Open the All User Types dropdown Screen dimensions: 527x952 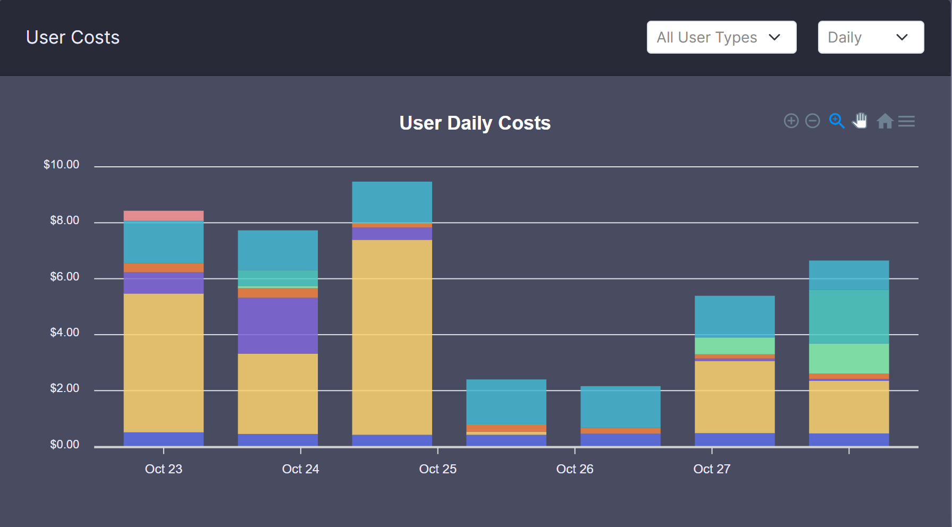[x=721, y=37]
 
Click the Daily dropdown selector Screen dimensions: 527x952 [x=870, y=37]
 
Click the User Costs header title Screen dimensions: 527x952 [x=73, y=37]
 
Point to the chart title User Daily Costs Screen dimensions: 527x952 [x=475, y=123]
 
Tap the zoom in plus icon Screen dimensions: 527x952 [x=791, y=121]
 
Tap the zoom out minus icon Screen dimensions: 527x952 [x=812, y=121]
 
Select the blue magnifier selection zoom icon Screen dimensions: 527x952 [x=837, y=121]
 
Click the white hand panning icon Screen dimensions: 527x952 [x=860, y=121]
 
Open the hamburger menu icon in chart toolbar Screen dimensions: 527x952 [x=906, y=121]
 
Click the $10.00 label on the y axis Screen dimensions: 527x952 [x=61, y=165]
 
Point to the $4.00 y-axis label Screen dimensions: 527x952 [x=64, y=333]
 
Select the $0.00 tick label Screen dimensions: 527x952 [x=64, y=445]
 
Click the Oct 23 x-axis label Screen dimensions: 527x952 [x=164, y=469]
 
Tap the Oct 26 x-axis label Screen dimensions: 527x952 [x=575, y=469]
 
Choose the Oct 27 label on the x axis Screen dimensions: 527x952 [x=712, y=469]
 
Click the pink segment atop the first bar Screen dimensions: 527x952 [x=164, y=216]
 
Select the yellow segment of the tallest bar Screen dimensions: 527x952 [x=392, y=337]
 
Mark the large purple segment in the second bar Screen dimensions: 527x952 [x=277, y=325]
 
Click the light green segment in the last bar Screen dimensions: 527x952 [x=849, y=359]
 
